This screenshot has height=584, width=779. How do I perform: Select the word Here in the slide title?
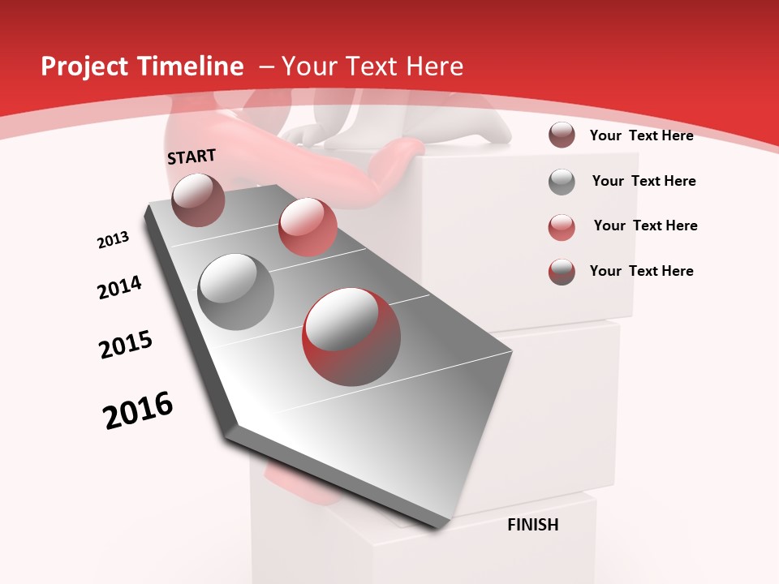click(434, 67)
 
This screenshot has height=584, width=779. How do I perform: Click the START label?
click(192, 157)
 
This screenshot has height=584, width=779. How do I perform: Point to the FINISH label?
click(533, 525)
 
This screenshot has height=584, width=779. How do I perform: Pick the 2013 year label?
click(114, 240)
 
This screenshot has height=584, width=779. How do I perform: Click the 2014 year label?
click(119, 287)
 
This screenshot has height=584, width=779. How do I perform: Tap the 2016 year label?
click(138, 410)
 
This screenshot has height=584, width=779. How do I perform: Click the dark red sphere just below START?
click(199, 200)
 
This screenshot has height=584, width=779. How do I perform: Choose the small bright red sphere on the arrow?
click(308, 226)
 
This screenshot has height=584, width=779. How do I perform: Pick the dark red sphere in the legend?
click(562, 135)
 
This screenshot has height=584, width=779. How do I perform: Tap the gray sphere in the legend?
click(562, 182)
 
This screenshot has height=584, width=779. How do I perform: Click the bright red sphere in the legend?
click(562, 227)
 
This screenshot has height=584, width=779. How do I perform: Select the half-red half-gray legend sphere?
click(562, 272)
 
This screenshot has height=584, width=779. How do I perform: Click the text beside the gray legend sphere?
click(643, 181)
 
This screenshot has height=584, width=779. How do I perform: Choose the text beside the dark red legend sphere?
click(641, 135)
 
